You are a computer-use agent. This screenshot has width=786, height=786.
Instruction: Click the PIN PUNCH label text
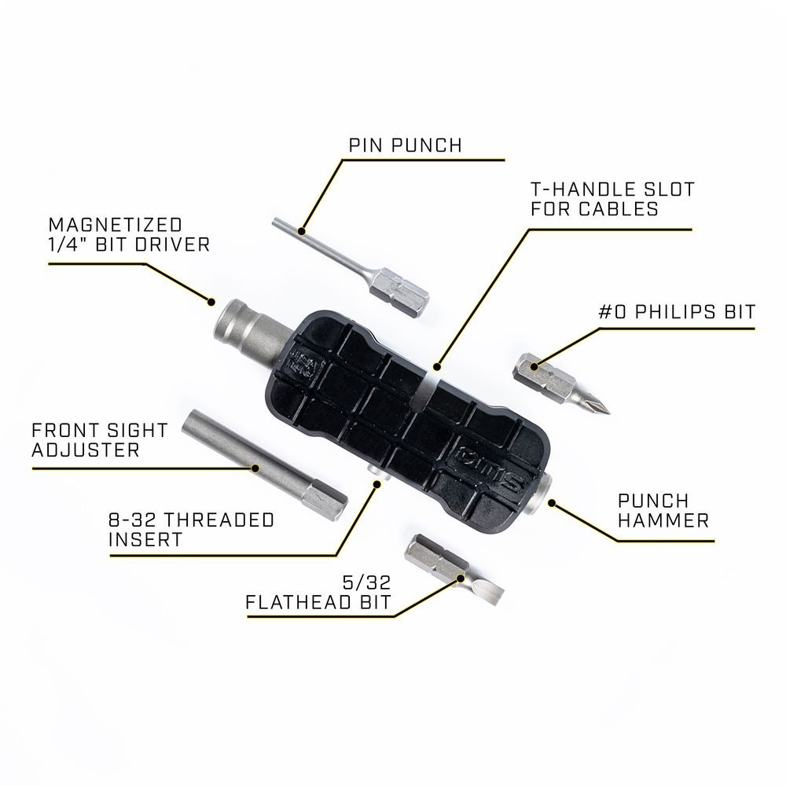coord(405,145)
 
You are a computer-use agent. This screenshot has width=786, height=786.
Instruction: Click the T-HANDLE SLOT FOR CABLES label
coord(601,200)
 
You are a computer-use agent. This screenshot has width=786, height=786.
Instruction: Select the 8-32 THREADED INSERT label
coord(192,530)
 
